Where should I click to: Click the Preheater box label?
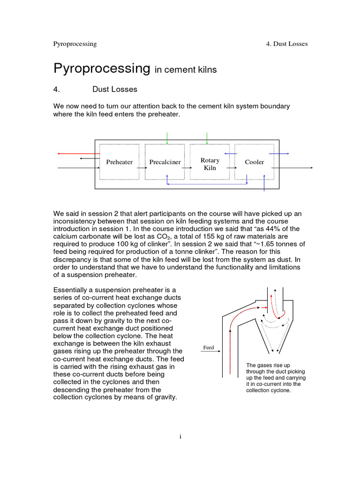[x=119, y=162]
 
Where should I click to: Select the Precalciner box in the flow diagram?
[x=165, y=162]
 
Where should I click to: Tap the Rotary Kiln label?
[x=210, y=164]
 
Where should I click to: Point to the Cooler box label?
[x=254, y=162]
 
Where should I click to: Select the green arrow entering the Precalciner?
[x=167, y=138]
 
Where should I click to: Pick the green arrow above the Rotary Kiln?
[x=207, y=138]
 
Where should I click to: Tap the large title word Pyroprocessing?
[x=101, y=68]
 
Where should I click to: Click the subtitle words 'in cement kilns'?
[x=186, y=70]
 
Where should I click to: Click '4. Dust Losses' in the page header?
[x=286, y=44]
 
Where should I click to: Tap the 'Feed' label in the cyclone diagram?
[x=208, y=347]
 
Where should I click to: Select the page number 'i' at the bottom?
[x=180, y=436]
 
